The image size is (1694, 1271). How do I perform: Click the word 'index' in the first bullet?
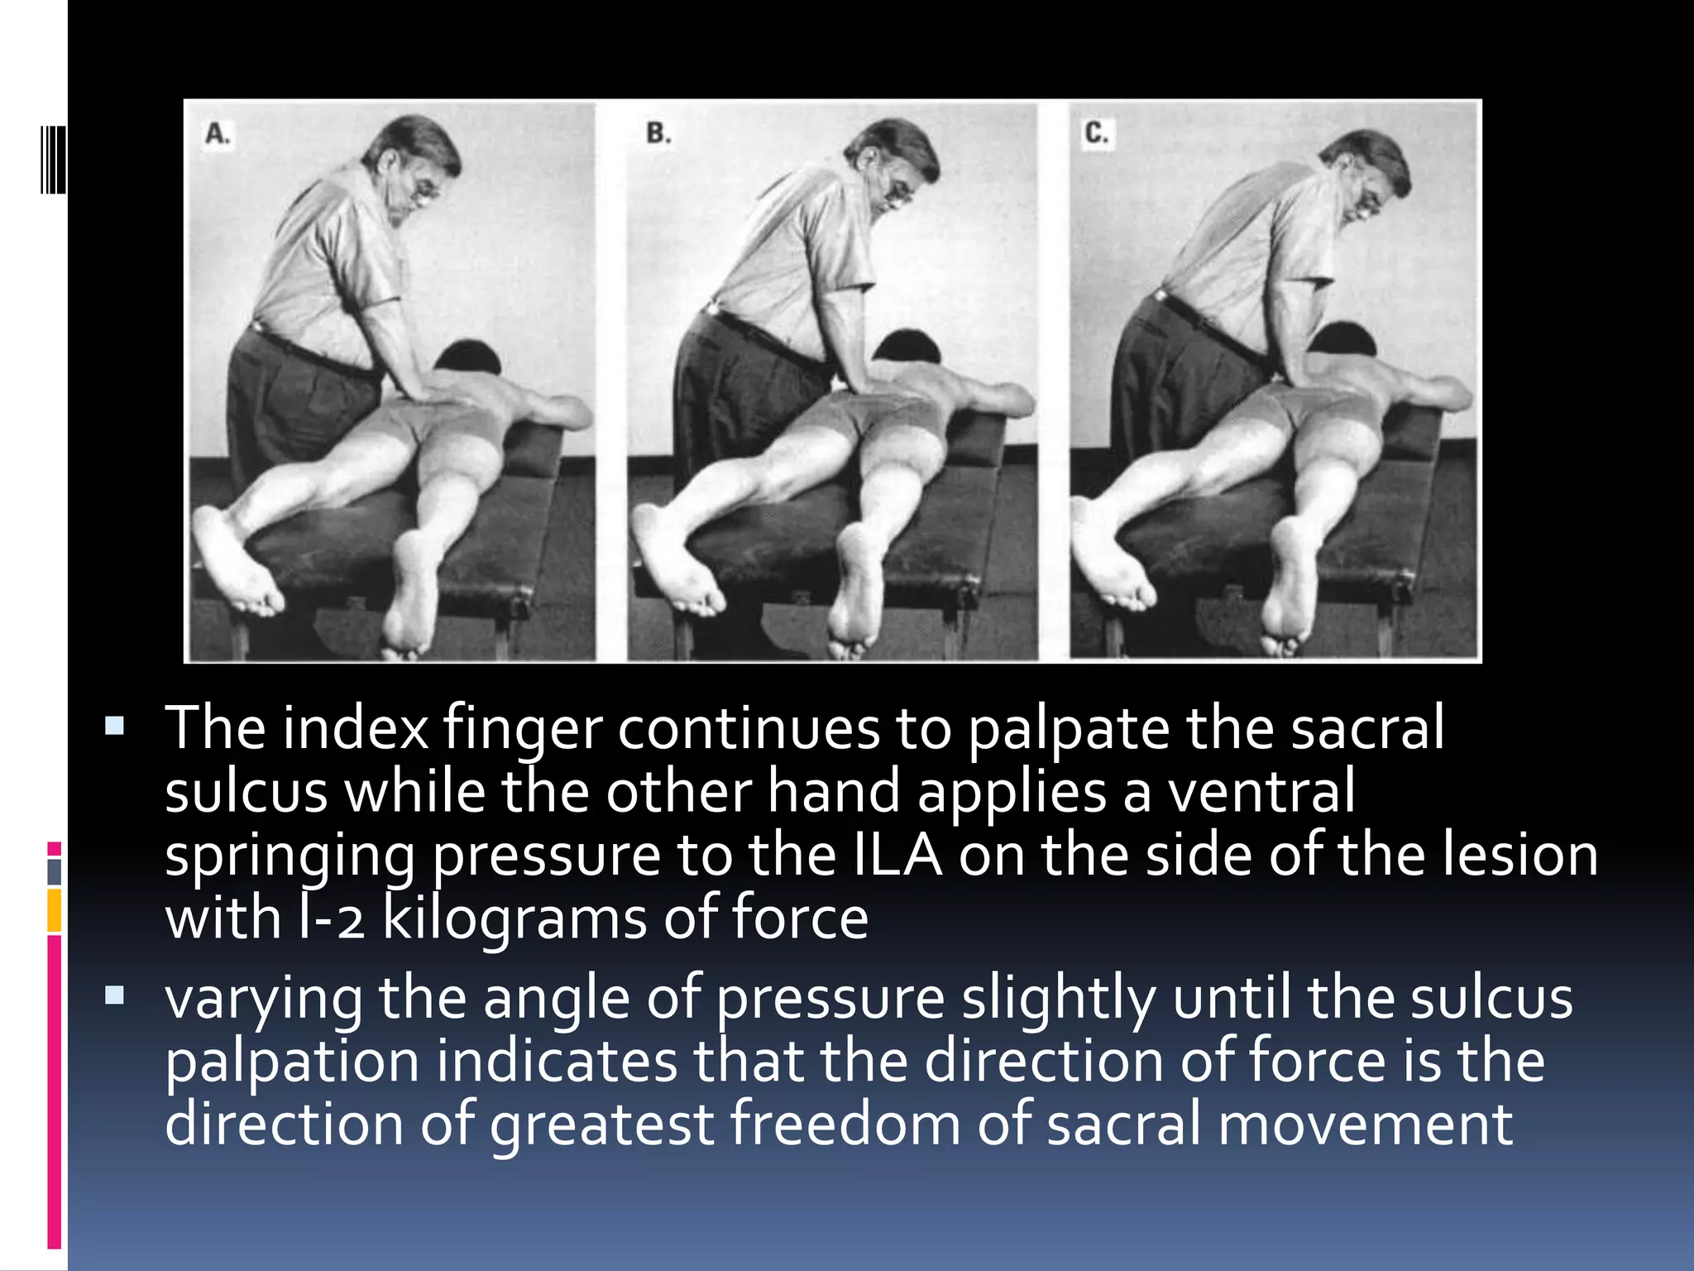(x=356, y=728)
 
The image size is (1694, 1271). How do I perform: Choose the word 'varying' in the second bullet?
(x=263, y=1000)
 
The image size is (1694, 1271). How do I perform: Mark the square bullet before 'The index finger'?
(x=115, y=727)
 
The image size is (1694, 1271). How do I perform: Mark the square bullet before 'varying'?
(x=115, y=995)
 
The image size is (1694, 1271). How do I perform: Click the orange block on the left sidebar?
(x=55, y=910)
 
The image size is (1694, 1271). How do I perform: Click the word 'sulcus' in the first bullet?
(x=246, y=791)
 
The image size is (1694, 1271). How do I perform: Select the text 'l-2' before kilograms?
(x=331, y=918)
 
